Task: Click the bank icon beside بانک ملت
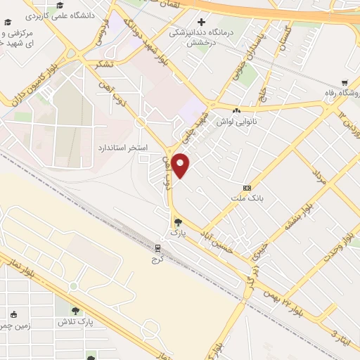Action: click(x=247, y=188)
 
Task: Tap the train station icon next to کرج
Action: click(x=158, y=247)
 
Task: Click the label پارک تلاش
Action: click(x=77, y=321)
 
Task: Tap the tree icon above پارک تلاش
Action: click(x=76, y=311)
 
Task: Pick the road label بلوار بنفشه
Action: click(x=297, y=219)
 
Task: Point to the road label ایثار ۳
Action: click(x=340, y=330)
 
